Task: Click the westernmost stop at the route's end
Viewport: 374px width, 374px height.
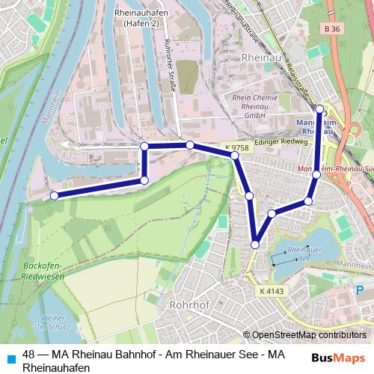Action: point(54,196)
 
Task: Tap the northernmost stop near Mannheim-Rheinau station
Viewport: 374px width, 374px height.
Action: point(320,109)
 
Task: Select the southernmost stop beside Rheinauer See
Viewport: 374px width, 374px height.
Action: point(255,244)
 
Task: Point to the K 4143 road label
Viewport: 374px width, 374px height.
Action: point(274,289)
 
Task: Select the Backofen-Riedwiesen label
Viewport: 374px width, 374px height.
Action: point(44,271)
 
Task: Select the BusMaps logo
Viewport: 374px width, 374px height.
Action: point(338,357)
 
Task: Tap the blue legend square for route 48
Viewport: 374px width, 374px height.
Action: point(9,357)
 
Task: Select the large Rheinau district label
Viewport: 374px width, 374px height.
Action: point(258,57)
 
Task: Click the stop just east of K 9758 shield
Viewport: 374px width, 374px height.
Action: point(235,156)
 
